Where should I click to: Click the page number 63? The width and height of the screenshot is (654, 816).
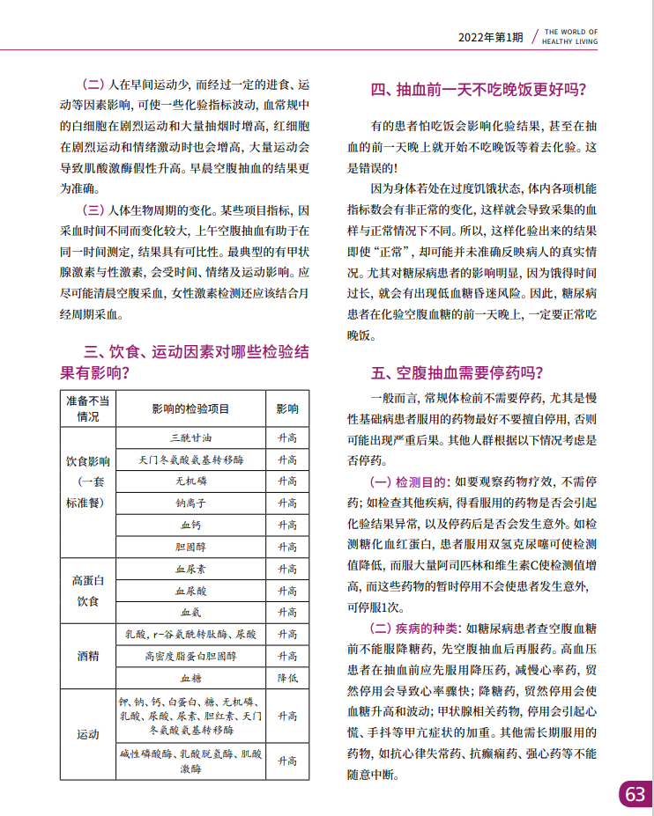(x=635, y=793)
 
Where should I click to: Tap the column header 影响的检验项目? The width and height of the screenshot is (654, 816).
(x=190, y=409)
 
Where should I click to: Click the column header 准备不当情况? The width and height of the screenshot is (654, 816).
(x=88, y=408)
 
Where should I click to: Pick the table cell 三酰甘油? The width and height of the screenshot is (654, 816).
(x=190, y=437)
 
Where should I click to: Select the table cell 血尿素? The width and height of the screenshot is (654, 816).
(x=190, y=570)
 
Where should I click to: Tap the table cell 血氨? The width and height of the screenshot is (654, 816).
(x=190, y=613)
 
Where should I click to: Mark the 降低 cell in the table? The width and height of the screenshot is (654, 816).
(x=287, y=678)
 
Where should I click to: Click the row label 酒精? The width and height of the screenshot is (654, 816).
(x=88, y=656)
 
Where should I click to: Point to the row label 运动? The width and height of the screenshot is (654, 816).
(x=88, y=734)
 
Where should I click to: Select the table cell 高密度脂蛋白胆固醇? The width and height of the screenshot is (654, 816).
(x=190, y=656)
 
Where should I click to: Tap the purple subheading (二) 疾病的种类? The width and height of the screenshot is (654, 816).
(x=414, y=628)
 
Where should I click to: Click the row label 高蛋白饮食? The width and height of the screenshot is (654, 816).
(x=88, y=591)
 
